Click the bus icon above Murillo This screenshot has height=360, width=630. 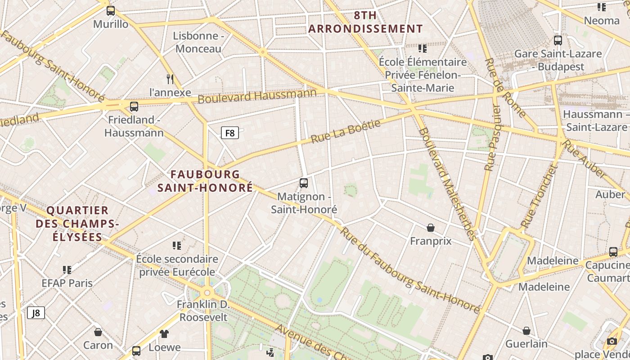(111, 11)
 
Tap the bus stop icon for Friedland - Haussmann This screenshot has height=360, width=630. (134, 107)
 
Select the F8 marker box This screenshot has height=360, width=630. (229, 133)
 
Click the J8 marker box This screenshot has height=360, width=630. (36, 313)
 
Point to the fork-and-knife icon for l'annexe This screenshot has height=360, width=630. (170, 79)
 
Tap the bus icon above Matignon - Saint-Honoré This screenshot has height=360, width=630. (304, 183)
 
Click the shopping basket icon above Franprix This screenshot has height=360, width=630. (431, 228)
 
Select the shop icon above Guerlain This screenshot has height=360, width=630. (526, 331)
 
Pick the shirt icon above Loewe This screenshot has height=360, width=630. (164, 334)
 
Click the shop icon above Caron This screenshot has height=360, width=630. (98, 332)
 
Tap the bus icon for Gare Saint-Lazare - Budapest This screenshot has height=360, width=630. (558, 40)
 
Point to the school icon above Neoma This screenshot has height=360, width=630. (602, 7)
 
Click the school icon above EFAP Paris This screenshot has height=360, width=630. (67, 270)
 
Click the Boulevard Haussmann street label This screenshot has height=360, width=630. (257, 96)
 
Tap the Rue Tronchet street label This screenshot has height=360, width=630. (539, 196)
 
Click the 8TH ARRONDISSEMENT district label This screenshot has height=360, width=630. (365, 22)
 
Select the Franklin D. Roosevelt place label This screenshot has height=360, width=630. (203, 311)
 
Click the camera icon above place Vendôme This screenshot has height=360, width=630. (612, 341)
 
